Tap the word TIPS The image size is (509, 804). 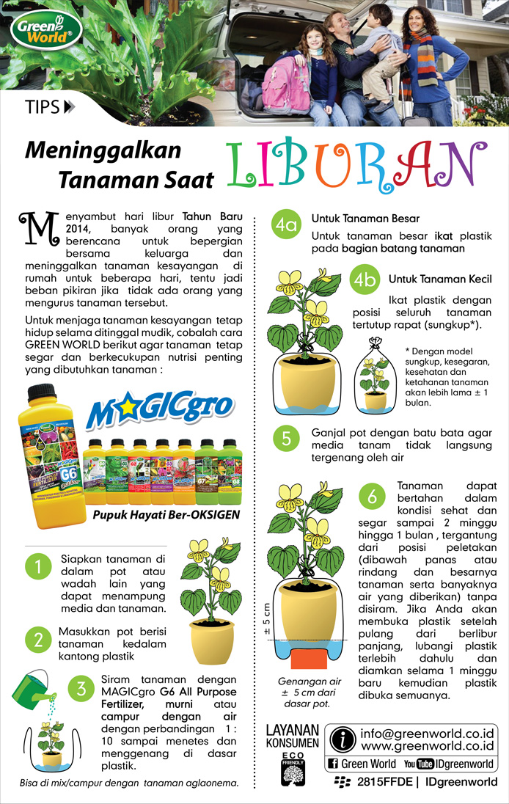coord(42,107)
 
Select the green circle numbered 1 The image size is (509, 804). coord(37,566)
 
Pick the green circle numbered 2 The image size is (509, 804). coord(39,639)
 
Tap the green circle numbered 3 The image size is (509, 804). coord(82,689)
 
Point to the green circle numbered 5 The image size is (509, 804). coord(286,439)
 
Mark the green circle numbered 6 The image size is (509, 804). coord(373,497)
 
